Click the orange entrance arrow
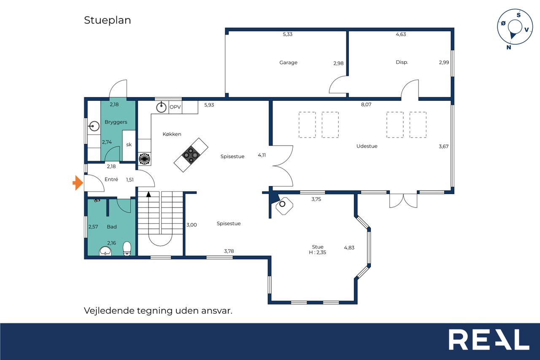coord(78,183)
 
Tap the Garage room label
coord(288,63)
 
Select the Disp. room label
coord(402,62)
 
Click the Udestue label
coord(367,146)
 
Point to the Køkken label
coord(172,134)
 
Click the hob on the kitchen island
coord(191,155)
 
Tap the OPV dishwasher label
coord(175,107)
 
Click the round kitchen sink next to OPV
coord(161,107)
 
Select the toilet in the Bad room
coord(127,249)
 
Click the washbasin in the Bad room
coord(105,251)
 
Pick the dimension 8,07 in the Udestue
coord(366,104)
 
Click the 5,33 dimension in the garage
coord(288,34)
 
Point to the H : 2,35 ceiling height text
coord(318,252)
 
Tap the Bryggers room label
coord(116,122)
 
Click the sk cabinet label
coord(129,145)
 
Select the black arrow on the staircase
coord(148,194)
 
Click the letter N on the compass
coord(509,48)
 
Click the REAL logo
coord(489,339)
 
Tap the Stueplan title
coord(108,20)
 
